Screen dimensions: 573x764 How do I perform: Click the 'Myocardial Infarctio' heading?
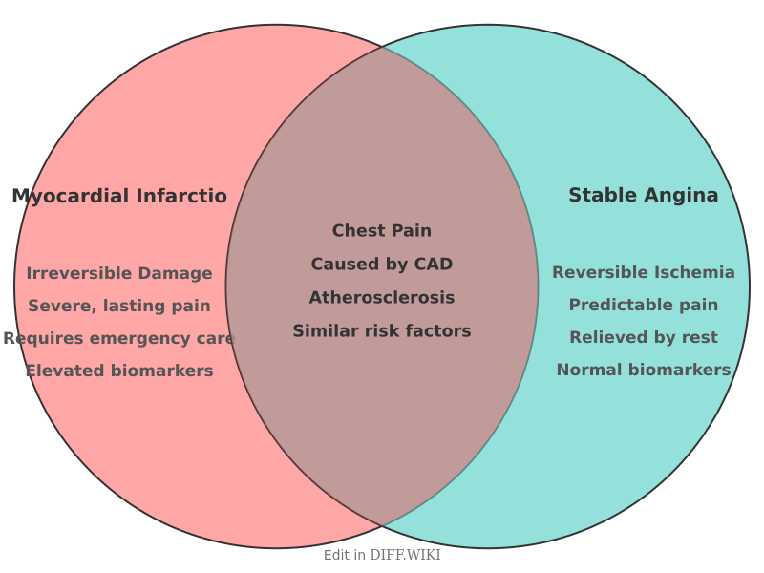pyautogui.click(x=119, y=197)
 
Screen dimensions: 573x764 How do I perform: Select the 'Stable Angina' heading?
pyautogui.click(x=643, y=196)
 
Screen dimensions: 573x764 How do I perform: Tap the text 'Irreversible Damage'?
pyautogui.click(x=119, y=274)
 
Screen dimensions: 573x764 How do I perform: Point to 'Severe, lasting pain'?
pyautogui.click(x=119, y=307)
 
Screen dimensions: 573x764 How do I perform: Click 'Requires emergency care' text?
pyautogui.click(x=119, y=339)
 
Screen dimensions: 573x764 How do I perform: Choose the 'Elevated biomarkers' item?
pyautogui.click(x=119, y=371)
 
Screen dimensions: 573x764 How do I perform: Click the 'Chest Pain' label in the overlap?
pyautogui.click(x=382, y=231)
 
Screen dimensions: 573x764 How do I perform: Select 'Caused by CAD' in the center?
pyautogui.click(x=382, y=265)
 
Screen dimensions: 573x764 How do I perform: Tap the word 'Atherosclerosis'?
pyautogui.click(x=382, y=298)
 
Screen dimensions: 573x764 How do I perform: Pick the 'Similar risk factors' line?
pyautogui.click(x=382, y=331)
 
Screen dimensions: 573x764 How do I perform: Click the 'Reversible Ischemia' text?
pyautogui.click(x=644, y=273)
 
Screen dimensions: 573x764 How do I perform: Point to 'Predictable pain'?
pyautogui.click(x=644, y=306)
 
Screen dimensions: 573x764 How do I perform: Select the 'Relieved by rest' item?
pyautogui.click(x=644, y=338)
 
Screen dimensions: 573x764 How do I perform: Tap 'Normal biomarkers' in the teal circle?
pyautogui.click(x=644, y=371)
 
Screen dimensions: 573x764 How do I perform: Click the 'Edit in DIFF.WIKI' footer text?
pyautogui.click(x=382, y=555)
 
